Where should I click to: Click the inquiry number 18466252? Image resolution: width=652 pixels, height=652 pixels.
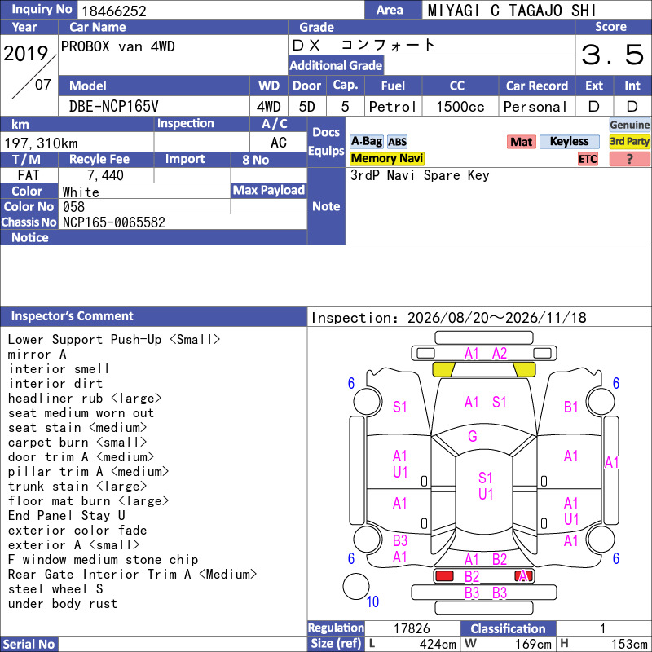[114, 11]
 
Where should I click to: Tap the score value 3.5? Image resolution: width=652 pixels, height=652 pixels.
[612, 55]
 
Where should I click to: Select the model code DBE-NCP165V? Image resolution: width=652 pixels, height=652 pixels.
[113, 107]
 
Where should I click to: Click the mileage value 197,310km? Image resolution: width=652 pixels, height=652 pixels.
[41, 143]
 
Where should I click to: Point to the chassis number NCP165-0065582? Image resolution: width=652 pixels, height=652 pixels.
[114, 222]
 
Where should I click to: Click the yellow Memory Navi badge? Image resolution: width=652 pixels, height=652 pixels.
[386, 158]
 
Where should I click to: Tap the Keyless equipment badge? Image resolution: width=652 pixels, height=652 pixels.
[569, 141]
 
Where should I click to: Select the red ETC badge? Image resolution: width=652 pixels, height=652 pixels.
[588, 159]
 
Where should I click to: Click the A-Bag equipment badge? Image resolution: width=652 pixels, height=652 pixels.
[366, 141]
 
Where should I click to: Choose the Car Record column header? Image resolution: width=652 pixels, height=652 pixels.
[537, 86]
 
